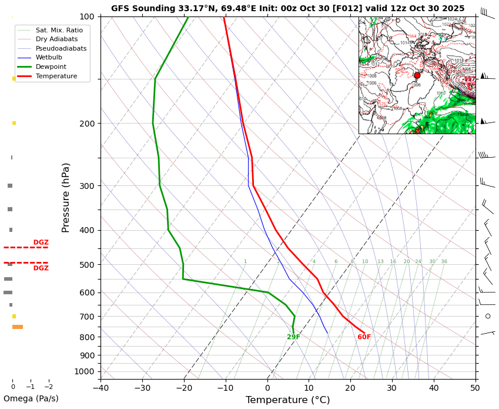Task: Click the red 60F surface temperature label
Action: point(364,337)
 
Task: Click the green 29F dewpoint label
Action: point(293,337)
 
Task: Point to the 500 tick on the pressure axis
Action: point(87,265)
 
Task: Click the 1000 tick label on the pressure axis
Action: point(85,371)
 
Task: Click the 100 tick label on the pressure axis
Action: point(87,16)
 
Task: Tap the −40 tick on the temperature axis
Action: point(101,388)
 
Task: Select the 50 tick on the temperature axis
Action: point(475,388)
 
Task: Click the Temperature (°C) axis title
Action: point(287,400)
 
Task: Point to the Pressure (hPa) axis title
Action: point(66,197)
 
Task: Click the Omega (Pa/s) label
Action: point(31,399)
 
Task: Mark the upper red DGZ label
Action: point(41,242)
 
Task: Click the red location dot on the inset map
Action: point(417,75)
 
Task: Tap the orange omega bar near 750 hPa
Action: point(18,327)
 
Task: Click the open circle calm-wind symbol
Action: point(488,316)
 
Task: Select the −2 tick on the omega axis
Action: point(49,387)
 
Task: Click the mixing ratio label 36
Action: point(444,262)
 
